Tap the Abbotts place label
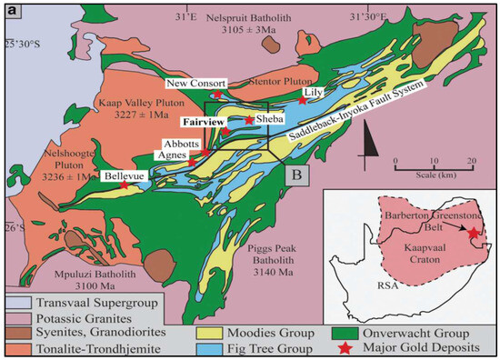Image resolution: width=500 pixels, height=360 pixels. (x=181, y=144)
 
